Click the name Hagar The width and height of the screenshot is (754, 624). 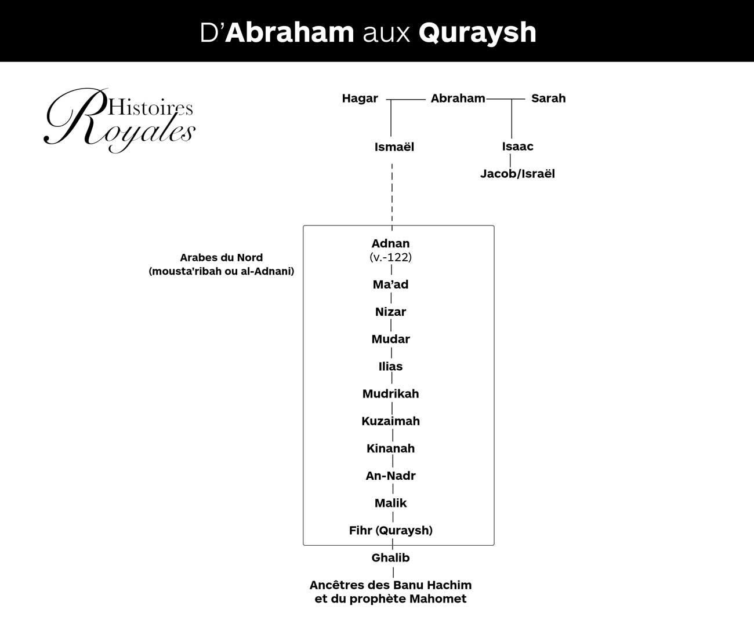(360, 98)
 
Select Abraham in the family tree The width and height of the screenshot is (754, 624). (458, 98)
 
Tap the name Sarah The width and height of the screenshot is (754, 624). (548, 98)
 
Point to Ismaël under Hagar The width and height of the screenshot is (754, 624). (394, 147)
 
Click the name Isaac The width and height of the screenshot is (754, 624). (517, 146)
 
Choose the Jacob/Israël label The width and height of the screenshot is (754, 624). (517, 173)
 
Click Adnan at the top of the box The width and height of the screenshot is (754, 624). (390, 243)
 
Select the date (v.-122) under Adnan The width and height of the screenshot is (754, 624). (390, 257)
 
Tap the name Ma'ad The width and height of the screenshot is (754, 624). (390, 284)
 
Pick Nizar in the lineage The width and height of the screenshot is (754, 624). (390, 312)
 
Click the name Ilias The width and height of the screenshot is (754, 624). (390, 367)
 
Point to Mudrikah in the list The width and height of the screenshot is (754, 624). (390, 393)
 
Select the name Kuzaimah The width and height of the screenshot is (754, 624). (390, 421)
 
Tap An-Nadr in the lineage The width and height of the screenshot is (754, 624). (390, 476)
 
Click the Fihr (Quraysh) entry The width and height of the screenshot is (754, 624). (390, 530)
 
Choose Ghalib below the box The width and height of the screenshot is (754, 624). (390, 557)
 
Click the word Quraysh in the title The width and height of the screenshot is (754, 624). (477, 33)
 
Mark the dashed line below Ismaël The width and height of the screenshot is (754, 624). (392, 197)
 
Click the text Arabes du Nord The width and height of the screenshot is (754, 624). (222, 257)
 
